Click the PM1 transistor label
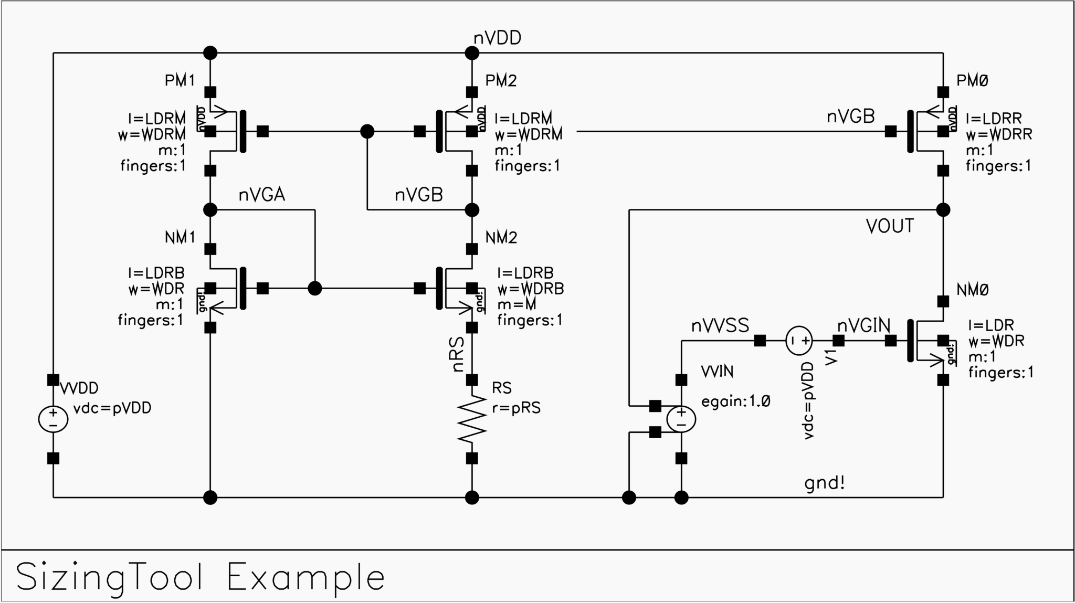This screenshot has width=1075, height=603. tap(180, 80)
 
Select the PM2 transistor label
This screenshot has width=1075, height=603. tap(501, 80)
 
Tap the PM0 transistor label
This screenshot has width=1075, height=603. tap(972, 80)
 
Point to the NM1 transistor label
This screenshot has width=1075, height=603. tap(180, 237)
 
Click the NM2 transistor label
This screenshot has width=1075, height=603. tap(501, 237)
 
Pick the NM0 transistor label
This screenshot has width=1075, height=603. tap(972, 290)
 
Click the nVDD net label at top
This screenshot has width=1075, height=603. tap(497, 38)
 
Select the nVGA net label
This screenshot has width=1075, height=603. tap(261, 195)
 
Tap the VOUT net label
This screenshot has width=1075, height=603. tap(890, 226)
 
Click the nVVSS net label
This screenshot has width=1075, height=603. tap(720, 326)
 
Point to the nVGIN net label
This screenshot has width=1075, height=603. tap(863, 326)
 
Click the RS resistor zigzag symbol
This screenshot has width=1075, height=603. tap(472, 419)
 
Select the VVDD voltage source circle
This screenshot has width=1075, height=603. tap(53, 419)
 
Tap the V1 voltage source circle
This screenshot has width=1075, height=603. tap(799, 341)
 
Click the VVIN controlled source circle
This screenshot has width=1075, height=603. tap(681, 419)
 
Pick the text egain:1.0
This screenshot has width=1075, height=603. tap(736, 401)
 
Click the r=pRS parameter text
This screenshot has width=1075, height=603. tap(516, 408)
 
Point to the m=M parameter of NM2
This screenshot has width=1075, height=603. tap(517, 304)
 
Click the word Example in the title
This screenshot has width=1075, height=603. tap(306, 577)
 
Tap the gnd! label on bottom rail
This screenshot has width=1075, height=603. tap(825, 483)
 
